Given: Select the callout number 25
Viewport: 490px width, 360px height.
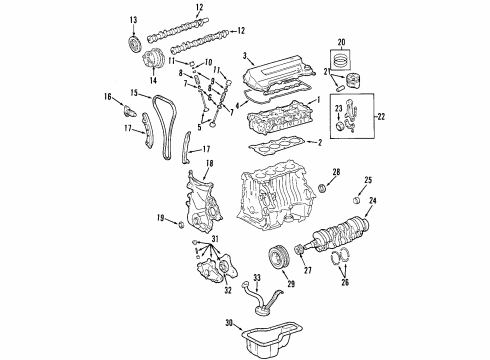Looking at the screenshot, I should (368, 181).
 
